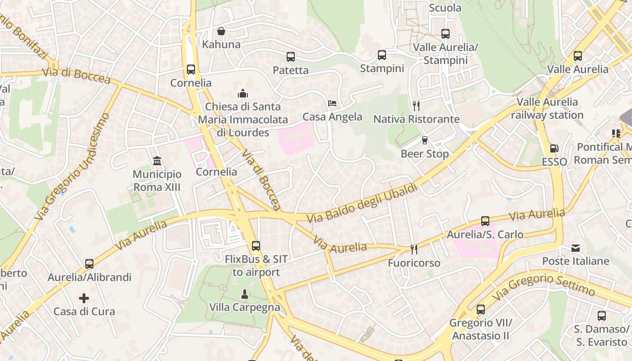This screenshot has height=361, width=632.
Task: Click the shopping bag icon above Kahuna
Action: [221, 31]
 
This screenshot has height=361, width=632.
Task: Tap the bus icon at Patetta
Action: [291, 57]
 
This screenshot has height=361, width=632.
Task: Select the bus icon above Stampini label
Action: [382, 55]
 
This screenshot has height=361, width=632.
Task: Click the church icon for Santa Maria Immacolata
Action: [243, 93]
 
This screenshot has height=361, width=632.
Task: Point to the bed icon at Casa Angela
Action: [332, 103]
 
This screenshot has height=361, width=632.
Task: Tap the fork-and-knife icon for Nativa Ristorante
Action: [416, 106]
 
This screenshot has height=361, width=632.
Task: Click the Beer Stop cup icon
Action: [424, 140]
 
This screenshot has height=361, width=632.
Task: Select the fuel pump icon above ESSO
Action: [553, 148]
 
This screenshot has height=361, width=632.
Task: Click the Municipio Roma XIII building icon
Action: [157, 161]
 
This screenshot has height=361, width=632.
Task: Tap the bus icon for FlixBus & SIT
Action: [256, 246]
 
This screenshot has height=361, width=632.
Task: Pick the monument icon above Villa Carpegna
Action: [244, 294]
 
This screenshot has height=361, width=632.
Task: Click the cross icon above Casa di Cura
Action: [84, 298]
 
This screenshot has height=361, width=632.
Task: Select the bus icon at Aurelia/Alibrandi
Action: [89, 264]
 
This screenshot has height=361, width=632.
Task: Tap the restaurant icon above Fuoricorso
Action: [413, 249]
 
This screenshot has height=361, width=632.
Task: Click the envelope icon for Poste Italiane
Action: [576, 248]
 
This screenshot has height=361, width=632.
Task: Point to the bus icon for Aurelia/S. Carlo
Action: [485, 221]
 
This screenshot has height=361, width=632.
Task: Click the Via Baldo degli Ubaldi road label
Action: [362, 204]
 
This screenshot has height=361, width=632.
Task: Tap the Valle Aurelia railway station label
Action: [547, 108]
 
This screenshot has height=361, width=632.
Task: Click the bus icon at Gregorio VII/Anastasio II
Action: [481, 310]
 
